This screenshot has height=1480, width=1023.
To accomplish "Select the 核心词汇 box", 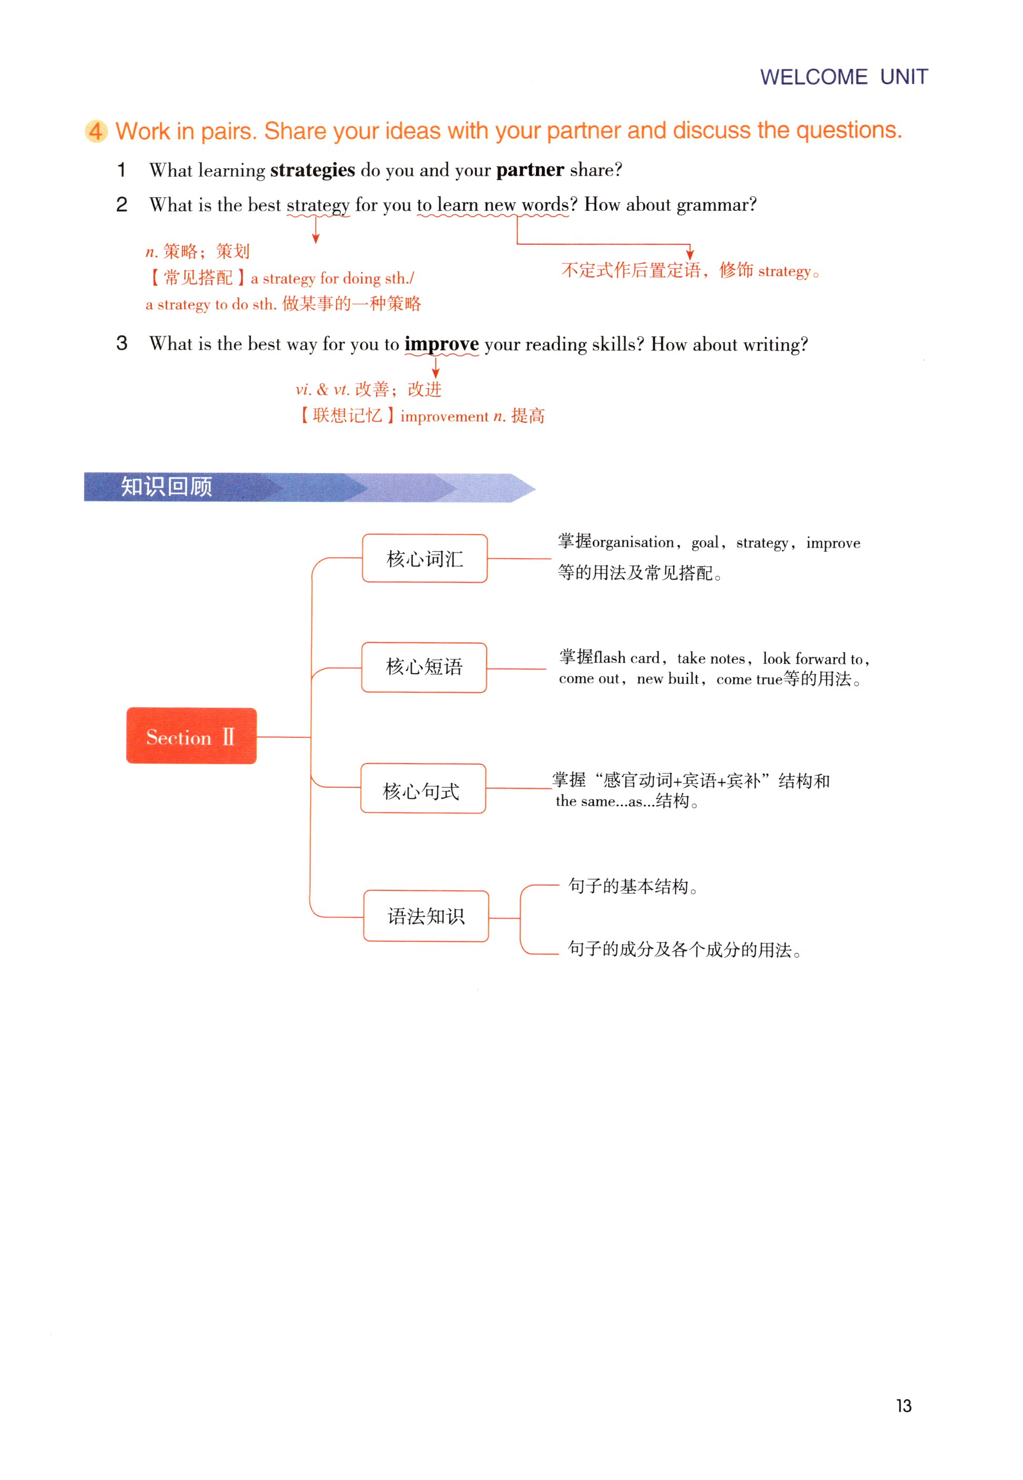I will [425, 558].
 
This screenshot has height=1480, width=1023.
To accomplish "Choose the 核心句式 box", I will [422, 788].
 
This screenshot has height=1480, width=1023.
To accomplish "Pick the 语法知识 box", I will [426, 916].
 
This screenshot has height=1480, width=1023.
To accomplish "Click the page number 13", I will [903, 1406].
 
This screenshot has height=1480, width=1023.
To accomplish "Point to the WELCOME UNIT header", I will [843, 77].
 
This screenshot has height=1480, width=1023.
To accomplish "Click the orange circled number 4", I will [96, 131].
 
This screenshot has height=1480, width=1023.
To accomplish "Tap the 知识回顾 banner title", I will [166, 487].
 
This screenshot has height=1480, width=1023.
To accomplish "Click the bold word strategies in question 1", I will [312, 170].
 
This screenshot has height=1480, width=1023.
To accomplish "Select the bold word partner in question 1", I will [530, 170].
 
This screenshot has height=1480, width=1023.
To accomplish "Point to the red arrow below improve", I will [436, 367].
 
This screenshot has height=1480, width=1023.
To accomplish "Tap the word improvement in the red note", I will [444, 417].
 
